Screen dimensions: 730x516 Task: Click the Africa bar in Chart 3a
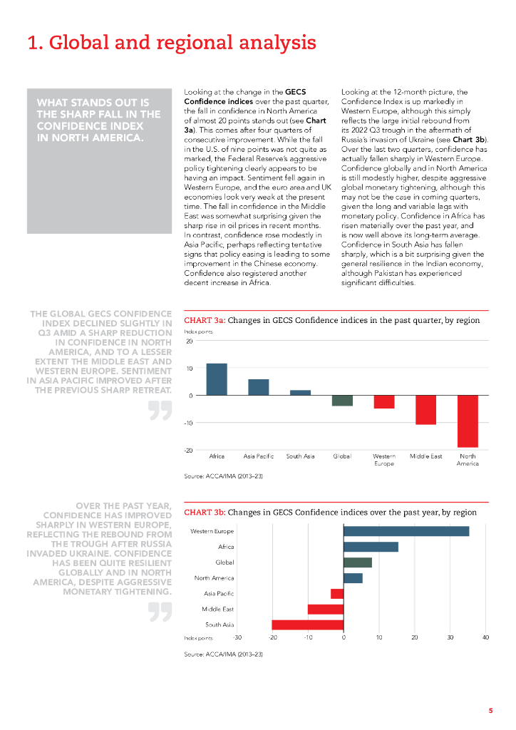click(217, 379)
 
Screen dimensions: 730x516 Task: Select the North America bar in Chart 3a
click(468, 421)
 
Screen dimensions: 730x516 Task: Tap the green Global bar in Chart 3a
click(342, 401)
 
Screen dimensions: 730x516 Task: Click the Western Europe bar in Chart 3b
click(406, 531)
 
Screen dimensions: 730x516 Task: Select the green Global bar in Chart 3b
click(357, 562)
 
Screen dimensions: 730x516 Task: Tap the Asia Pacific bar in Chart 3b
click(337, 594)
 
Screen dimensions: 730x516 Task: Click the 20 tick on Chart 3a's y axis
click(189, 341)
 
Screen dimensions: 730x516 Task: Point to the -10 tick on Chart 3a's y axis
click(188, 423)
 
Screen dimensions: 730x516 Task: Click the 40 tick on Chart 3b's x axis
click(485, 637)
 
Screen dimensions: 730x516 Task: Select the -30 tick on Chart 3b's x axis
click(237, 637)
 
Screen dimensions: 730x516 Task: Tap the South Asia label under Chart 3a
click(300, 456)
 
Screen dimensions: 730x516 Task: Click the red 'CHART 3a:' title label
click(205, 321)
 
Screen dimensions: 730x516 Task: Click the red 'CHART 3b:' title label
click(205, 512)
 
